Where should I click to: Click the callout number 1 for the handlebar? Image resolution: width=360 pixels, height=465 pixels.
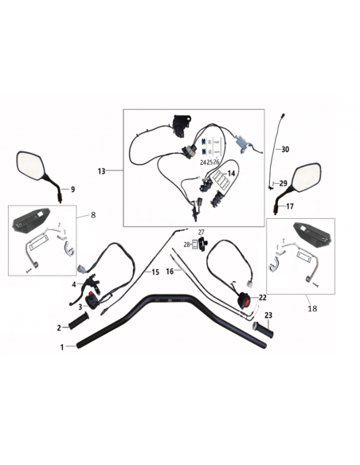62,347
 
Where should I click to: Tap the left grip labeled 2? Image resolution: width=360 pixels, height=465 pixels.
78,321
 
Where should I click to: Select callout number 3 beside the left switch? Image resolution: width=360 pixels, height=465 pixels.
80,307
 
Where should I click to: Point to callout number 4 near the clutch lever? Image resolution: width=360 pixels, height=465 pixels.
74,285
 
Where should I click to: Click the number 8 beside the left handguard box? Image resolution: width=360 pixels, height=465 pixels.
93,215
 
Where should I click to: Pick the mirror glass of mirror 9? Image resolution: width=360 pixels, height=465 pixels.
30,166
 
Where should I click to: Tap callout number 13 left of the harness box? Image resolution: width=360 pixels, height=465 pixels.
101,171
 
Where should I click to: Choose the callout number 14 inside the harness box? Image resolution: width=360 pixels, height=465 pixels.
231,174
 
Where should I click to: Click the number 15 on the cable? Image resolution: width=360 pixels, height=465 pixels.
155,272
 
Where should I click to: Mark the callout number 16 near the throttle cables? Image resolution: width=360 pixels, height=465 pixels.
170,272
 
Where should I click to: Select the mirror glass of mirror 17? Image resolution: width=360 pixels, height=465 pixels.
307,178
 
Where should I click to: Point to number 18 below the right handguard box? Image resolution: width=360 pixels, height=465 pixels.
312,309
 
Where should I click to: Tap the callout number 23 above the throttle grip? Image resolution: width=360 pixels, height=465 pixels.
268,315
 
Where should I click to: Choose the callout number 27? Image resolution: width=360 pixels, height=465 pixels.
202,232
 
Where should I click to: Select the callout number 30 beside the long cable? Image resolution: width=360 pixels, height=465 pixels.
285,150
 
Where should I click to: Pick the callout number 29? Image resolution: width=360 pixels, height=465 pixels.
284,183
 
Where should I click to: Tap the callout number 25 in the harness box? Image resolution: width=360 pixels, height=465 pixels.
209,162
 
